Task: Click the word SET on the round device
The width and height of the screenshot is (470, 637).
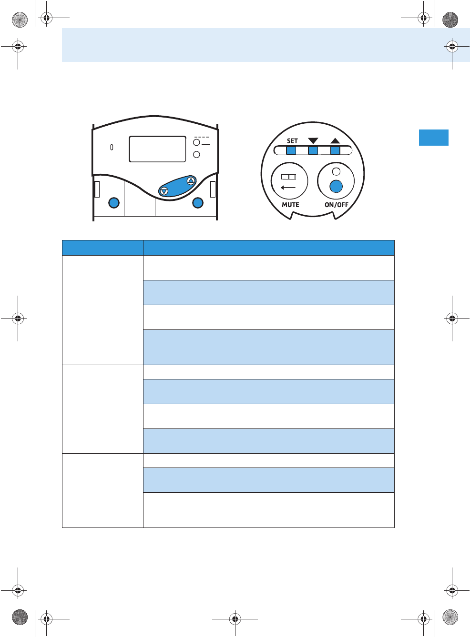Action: (x=292, y=141)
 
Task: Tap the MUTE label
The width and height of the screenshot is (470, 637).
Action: (x=290, y=205)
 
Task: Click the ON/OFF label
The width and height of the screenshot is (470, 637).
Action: (x=337, y=205)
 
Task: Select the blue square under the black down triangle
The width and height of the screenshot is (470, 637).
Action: (x=313, y=150)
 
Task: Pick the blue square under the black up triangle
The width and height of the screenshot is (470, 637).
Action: (x=335, y=150)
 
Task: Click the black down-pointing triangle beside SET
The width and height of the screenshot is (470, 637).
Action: (x=313, y=141)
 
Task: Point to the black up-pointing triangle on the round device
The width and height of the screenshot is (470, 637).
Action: (x=335, y=141)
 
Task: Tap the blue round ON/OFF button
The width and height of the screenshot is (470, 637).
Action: (x=336, y=186)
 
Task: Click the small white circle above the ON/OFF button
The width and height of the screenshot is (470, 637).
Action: (x=336, y=171)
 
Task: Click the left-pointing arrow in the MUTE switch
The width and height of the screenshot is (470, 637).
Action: (x=288, y=188)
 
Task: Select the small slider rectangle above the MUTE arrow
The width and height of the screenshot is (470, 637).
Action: (x=288, y=177)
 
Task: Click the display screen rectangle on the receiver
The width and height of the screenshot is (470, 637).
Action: (x=157, y=149)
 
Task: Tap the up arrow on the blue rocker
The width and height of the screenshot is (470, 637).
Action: (x=191, y=180)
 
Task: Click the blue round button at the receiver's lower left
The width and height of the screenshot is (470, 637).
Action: (x=113, y=203)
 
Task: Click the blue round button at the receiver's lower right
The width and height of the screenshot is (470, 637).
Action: (x=198, y=203)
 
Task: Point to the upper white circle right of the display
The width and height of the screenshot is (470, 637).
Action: (x=196, y=142)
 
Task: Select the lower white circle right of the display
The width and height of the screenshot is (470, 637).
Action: (x=196, y=155)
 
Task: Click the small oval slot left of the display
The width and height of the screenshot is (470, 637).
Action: (x=112, y=148)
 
